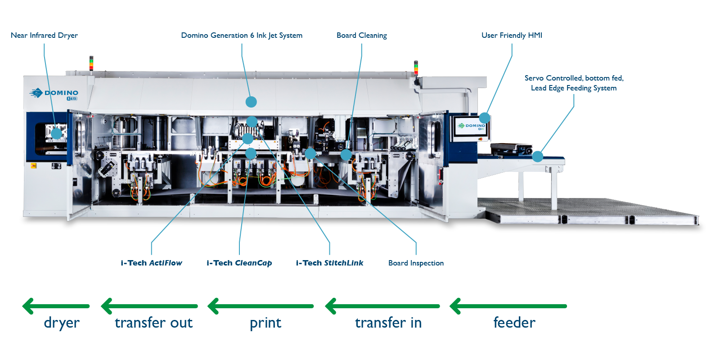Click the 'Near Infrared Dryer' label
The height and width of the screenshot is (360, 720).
(x=44, y=35)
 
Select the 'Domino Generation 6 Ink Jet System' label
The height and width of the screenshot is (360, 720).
(x=242, y=35)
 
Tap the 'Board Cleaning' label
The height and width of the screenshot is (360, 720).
(x=361, y=35)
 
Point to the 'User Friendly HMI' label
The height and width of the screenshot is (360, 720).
(x=512, y=35)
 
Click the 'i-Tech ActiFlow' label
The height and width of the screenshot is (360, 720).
(x=151, y=263)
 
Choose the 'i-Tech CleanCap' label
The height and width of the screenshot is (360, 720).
(x=239, y=263)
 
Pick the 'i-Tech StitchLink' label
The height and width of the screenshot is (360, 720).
(x=329, y=263)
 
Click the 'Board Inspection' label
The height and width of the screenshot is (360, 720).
(x=416, y=263)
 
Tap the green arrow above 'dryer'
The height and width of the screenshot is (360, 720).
(x=56, y=306)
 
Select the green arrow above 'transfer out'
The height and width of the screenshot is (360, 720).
(x=149, y=306)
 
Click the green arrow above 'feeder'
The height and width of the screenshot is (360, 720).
(x=508, y=306)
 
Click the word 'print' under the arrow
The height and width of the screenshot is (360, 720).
(x=265, y=323)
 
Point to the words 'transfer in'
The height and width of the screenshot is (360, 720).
(x=388, y=323)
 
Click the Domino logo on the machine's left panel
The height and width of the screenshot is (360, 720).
(x=54, y=93)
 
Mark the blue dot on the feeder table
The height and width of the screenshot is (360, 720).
(x=538, y=156)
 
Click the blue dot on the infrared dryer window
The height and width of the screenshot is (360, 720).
(x=56, y=133)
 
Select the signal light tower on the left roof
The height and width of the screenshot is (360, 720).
(x=91, y=63)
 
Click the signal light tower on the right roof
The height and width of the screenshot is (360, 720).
(x=416, y=67)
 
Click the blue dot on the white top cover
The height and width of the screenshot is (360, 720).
(x=251, y=102)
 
